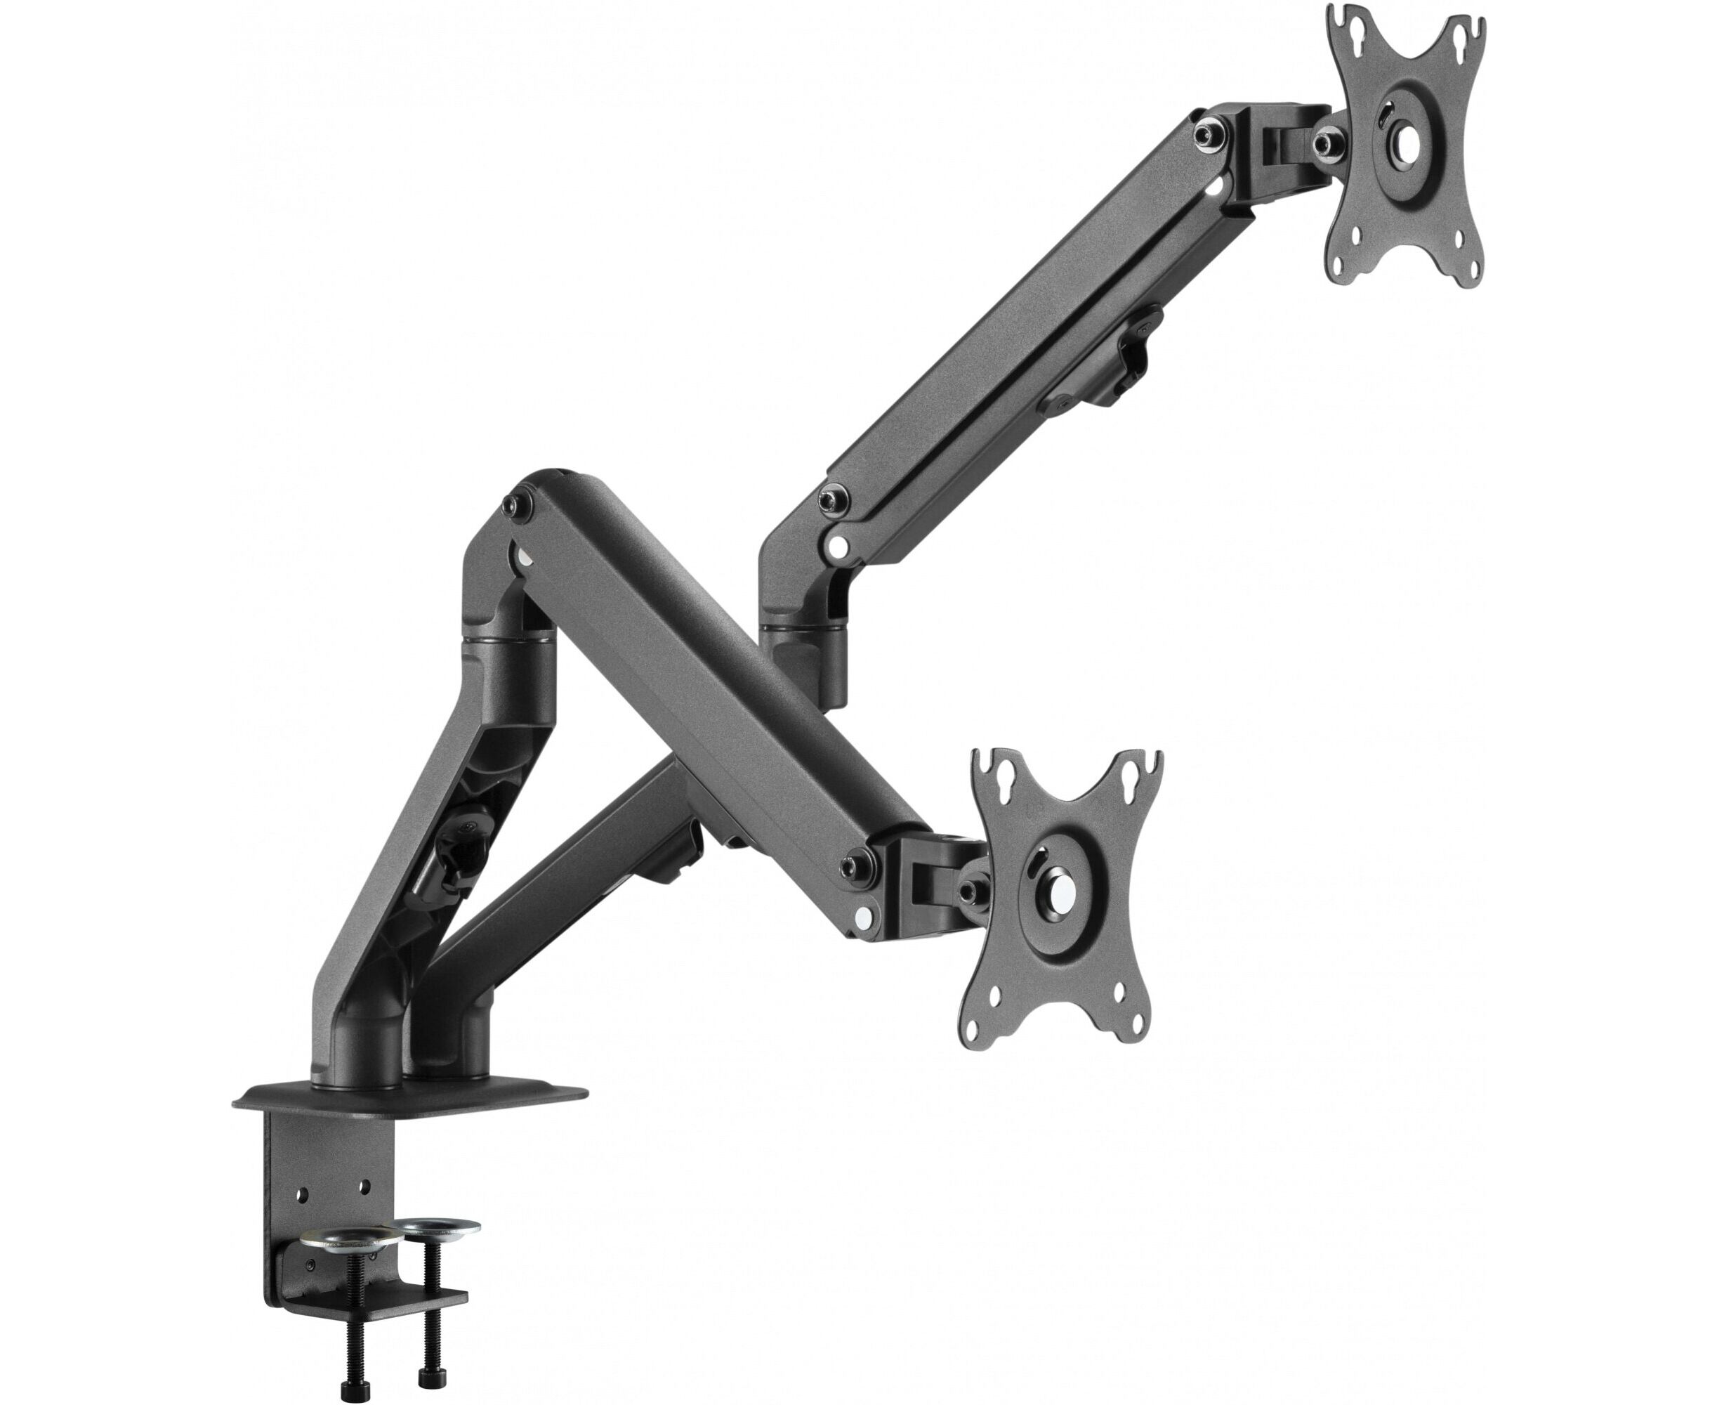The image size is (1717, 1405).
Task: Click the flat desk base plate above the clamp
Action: [x=413, y=1097]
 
